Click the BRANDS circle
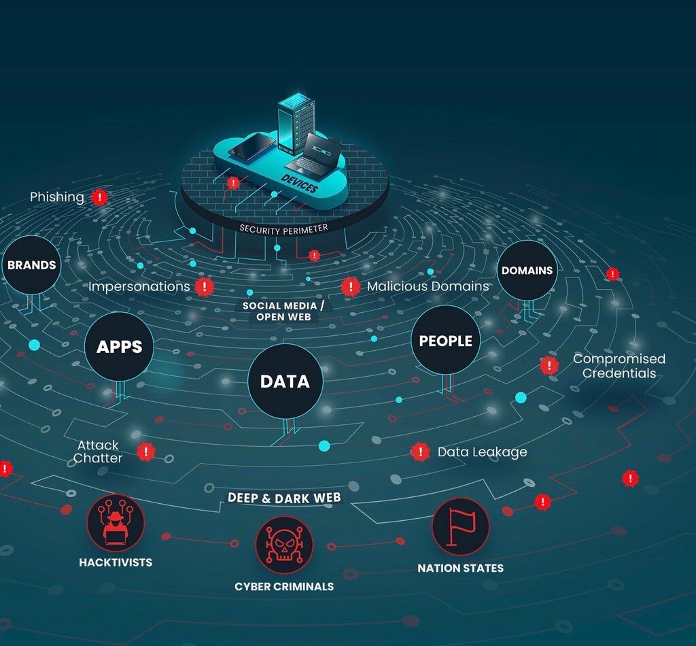31,265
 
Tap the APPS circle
119,346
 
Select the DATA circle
285,381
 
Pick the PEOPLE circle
445,340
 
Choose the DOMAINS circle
527,270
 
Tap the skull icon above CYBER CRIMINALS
283,544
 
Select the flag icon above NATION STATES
460,526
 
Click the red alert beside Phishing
100,197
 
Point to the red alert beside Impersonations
204,286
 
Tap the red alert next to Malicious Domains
350,286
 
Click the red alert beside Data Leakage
421,452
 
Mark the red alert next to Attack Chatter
145,452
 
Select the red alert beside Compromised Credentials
549,365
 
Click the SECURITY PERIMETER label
283,228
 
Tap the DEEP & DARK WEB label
284,498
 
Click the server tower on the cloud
295,124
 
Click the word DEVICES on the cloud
298,183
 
